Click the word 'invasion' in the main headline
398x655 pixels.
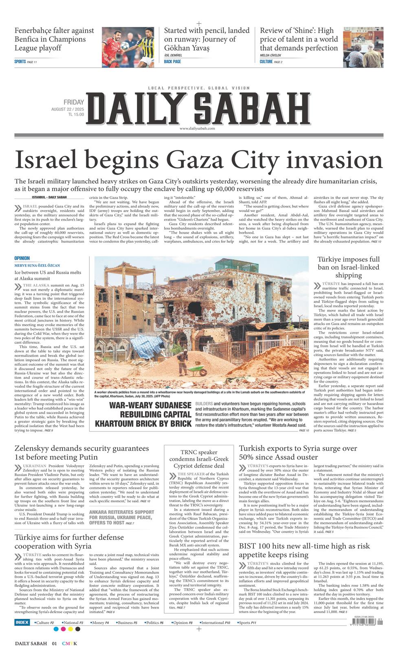[x=337, y=160]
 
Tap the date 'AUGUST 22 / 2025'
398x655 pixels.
[x=68, y=109]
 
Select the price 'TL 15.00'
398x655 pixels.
[x=76, y=115]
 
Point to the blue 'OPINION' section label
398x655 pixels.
[x=22, y=258]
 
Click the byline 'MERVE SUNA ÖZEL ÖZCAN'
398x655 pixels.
[x=37, y=265]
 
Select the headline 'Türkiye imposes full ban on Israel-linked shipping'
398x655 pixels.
[x=348, y=267]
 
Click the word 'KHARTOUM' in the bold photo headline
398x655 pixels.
[x=123, y=424]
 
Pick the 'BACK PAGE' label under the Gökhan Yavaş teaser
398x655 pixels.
[x=172, y=62]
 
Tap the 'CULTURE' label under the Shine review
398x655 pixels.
[x=266, y=62]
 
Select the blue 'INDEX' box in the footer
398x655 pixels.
[x=22, y=622]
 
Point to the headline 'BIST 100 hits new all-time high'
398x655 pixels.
[x=304, y=550]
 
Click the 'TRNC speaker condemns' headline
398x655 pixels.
[x=199, y=459]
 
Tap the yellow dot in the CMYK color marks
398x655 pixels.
[x=70, y=629]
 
